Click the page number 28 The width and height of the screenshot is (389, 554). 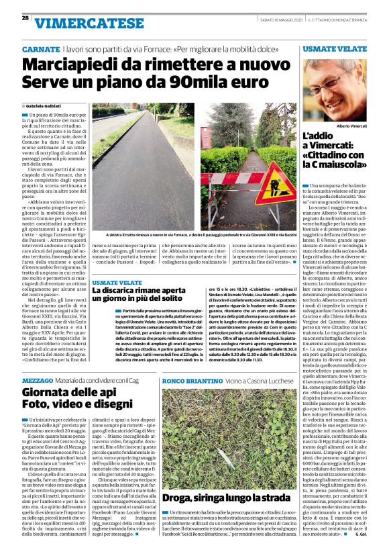click(25, 18)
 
